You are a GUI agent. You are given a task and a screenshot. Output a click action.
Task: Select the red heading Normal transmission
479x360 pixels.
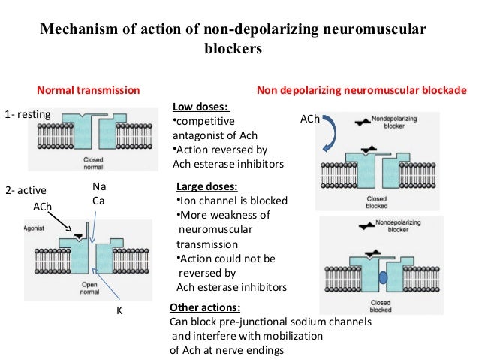point(89,90)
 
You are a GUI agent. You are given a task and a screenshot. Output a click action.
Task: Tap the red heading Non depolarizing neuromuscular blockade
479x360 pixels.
point(362,90)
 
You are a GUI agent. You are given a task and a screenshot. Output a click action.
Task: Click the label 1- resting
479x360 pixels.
point(27,115)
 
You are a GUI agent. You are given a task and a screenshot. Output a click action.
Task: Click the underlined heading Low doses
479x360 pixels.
point(201,107)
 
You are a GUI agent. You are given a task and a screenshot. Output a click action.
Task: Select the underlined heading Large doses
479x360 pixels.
point(206,187)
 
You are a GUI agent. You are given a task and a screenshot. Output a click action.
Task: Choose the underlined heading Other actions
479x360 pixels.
point(205,308)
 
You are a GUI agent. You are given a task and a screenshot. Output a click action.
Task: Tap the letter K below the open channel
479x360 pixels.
point(118,310)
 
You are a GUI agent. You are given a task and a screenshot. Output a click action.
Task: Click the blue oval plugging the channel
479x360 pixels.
point(383,276)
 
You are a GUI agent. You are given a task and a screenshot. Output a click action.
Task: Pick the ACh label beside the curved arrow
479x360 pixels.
point(309,119)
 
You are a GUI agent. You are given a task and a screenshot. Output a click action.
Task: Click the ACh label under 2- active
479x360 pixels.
point(43,207)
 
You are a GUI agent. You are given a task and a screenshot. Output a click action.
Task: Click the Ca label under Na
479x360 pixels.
point(98,200)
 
